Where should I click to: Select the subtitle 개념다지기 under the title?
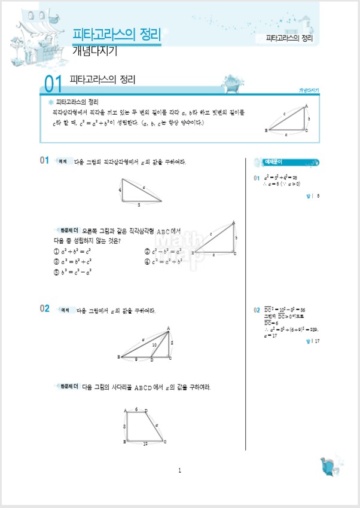pos(94,51)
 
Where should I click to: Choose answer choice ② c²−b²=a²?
pos(164,252)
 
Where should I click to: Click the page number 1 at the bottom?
pos(179,471)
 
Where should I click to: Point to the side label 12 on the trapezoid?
pos(145,443)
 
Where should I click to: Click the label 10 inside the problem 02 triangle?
pos(154,345)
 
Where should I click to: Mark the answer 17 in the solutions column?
pos(317,341)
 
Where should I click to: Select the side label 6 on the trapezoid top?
pos(136,409)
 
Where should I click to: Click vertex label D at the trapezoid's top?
pos(147,411)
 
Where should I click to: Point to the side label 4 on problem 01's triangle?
pos(120,190)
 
